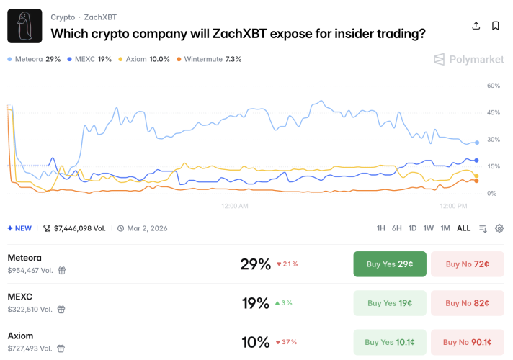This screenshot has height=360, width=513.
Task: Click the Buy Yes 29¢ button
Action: tap(390, 264)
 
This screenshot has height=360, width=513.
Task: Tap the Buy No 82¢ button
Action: tap(467, 303)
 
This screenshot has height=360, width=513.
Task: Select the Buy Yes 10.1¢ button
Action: tap(390, 342)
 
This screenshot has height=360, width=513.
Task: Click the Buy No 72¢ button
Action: tap(467, 264)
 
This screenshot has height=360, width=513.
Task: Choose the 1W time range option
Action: tap(429, 228)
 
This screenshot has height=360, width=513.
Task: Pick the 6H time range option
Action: tap(397, 228)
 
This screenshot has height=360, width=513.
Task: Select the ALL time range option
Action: tap(463, 228)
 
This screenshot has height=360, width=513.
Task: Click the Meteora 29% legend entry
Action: tap(34, 59)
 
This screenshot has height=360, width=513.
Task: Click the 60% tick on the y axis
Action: tap(494, 86)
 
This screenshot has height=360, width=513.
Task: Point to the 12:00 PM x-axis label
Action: tap(453, 206)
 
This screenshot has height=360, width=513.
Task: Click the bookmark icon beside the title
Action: tap(496, 26)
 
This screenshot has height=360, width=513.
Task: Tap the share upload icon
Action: tap(476, 26)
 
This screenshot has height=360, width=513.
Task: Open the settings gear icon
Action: tap(499, 228)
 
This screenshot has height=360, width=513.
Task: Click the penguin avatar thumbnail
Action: tap(24, 27)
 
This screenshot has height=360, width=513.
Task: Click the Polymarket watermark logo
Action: tap(468, 60)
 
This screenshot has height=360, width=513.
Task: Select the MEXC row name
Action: tap(20, 297)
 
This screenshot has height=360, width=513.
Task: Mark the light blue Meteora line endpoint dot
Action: tap(477, 143)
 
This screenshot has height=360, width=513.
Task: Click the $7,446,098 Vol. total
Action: tap(75, 228)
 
